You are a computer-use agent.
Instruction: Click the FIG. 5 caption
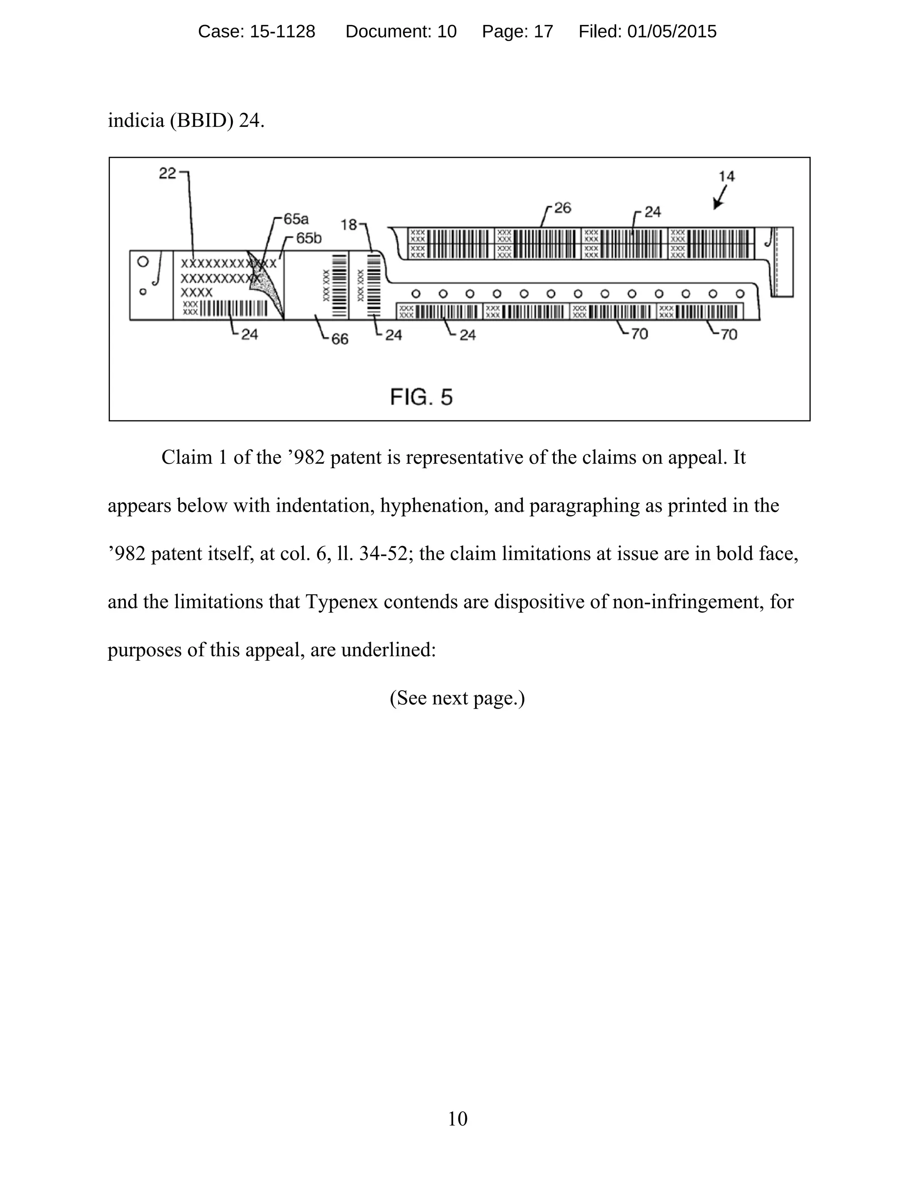(421, 397)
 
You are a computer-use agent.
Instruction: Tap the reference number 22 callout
(168, 173)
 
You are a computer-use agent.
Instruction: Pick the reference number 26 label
(562, 208)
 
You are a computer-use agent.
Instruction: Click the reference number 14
(726, 176)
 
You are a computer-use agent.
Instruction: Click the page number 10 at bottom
(457, 1118)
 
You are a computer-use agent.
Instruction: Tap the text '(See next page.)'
(457, 698)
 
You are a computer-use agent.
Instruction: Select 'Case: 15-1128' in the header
(256, 31)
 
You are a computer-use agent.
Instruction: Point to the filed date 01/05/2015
(672, 31)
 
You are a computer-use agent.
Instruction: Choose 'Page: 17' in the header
(518, 31)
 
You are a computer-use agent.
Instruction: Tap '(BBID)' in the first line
(201, 120)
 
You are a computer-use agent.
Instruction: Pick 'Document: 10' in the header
(401, 31)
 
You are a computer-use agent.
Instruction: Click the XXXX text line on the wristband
(196, 293)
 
